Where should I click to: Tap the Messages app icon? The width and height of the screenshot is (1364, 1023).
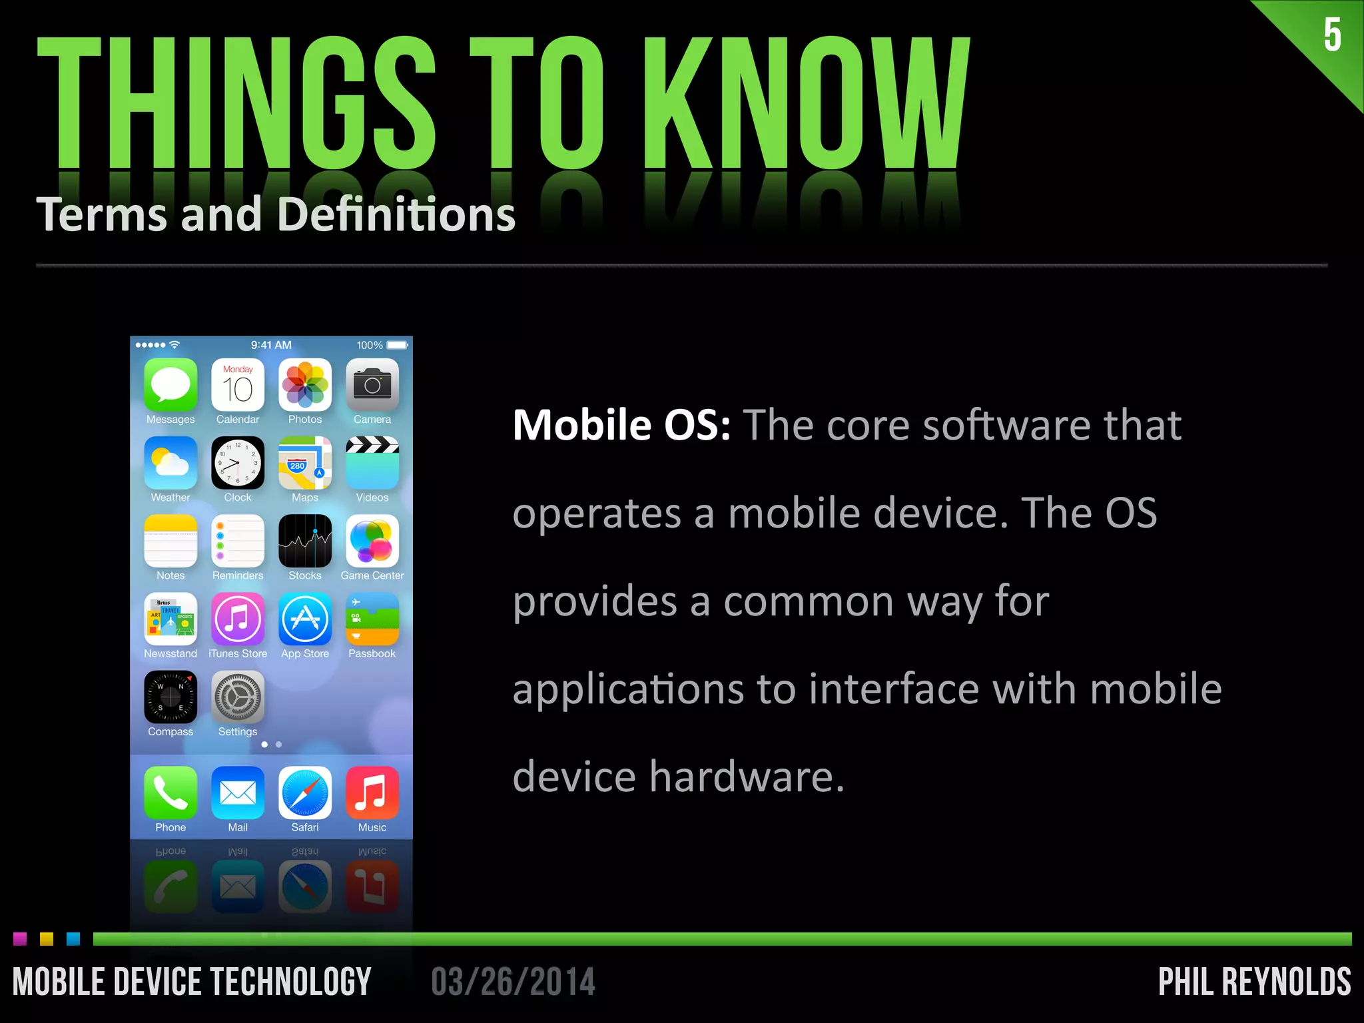click(x=170, y=385)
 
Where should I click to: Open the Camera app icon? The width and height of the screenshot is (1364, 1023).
click(x=372, y=385)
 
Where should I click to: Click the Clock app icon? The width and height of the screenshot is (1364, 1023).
click(x=238, y=463)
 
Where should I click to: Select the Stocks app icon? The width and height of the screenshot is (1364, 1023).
click(x=305, y=541)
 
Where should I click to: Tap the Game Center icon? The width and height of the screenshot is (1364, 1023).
click(x=372, y=541)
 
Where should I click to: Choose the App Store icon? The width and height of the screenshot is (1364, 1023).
click(x=305, y=619)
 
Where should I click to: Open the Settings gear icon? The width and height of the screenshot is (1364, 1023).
click(x=238, y=697)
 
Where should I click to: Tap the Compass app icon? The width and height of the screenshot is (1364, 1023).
click(x=170, y=697)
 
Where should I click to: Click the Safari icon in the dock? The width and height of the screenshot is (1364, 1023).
click(x=305, y=793)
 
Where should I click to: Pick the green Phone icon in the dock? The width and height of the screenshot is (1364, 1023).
click(x=170, y=793)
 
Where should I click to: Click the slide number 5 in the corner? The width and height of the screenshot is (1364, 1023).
click(x=1332, y=35)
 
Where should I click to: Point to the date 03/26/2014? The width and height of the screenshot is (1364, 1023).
click(x=513, y=982)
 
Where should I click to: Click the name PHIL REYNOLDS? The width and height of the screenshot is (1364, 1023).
click(x=1254, y=982)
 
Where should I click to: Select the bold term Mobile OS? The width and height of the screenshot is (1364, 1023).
click(x=621, y=425)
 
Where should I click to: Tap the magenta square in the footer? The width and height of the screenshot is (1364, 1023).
click(x=20, y=939)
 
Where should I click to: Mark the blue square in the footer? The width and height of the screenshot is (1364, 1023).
click(x=73, y=939)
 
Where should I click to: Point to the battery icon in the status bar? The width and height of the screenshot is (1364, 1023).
click(x=398, y=345)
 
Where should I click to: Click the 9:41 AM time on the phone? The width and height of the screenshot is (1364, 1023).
click(x=271, y=345)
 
